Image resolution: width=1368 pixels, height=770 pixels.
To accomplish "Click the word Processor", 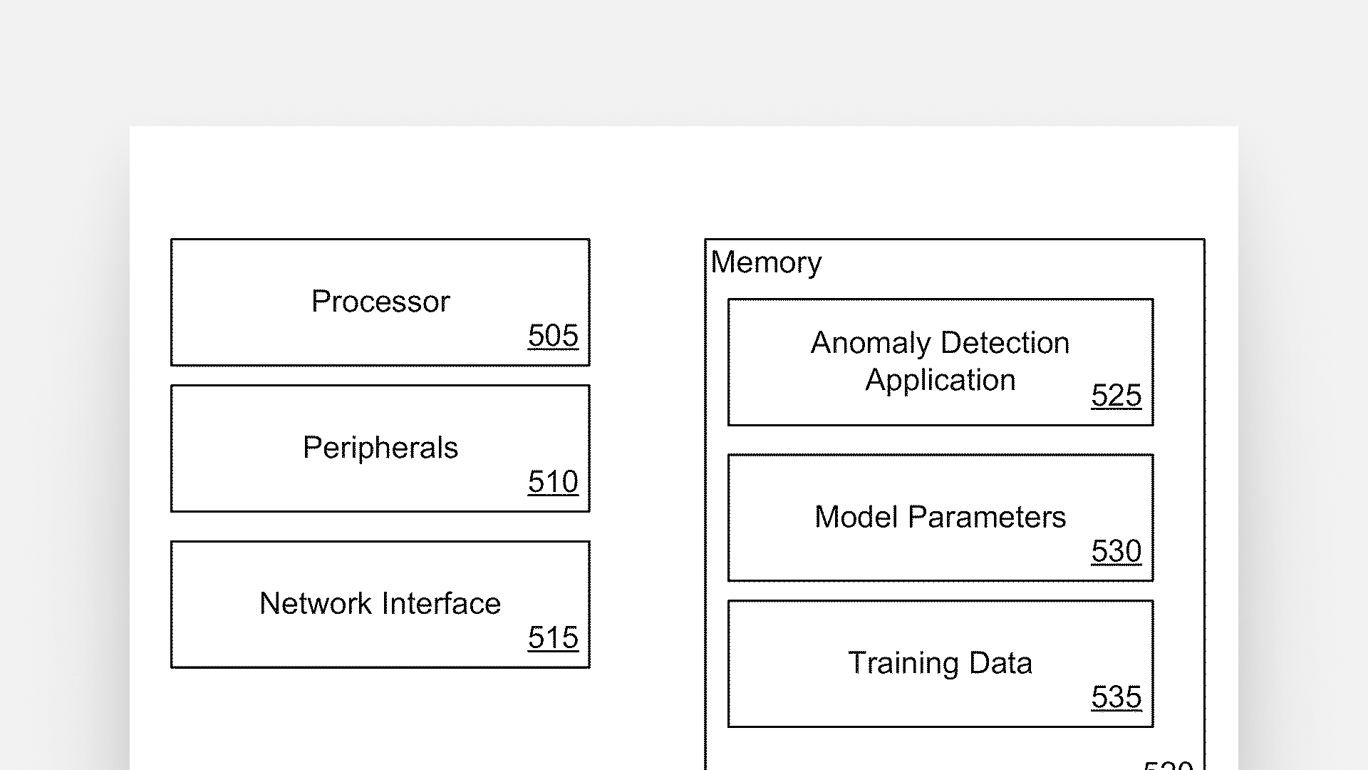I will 380,302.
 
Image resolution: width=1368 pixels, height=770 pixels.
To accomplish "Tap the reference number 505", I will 553,335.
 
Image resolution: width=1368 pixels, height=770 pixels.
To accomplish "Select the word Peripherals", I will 380,448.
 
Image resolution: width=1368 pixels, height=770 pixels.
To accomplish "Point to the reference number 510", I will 553,481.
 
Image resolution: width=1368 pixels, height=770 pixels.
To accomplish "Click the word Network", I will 315,604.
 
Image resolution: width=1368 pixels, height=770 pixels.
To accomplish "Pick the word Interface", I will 442,604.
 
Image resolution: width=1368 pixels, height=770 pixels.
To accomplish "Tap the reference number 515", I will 553,637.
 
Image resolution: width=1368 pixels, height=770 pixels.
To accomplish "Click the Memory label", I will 766,263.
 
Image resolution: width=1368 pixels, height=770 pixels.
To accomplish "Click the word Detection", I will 1006,344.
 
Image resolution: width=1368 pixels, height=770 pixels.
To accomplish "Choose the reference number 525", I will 1116,395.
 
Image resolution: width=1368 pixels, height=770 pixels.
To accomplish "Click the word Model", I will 856,517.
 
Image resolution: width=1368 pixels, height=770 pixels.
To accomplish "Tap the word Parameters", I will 987,517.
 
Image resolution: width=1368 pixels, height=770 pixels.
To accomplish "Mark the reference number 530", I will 1116,550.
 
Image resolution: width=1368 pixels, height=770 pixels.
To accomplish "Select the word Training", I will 903,664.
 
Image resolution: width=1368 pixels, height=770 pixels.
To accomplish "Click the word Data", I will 1000,663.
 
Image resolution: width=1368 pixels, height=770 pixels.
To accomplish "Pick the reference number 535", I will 1116,697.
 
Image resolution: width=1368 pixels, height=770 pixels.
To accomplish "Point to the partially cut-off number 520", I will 1168,765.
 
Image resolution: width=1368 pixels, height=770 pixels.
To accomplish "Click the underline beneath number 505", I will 553,349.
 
